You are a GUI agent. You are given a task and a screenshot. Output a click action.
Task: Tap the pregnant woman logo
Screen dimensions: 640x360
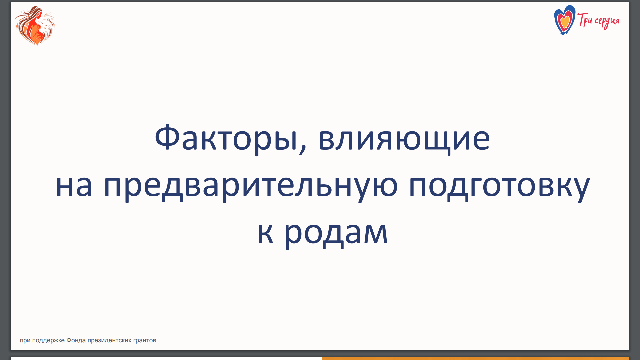coord(35,25)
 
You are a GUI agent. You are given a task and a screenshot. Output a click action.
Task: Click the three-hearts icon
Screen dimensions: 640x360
coord(565,20)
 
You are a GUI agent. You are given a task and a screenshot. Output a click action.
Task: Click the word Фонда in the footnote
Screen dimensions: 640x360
coord(76,340)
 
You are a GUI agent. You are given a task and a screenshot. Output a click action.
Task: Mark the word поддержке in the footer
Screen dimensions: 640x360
coord(48,341)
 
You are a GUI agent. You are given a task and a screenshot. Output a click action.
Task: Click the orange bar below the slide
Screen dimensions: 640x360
coord(475,358)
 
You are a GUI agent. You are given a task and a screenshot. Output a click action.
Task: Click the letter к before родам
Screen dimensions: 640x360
coord(266,233)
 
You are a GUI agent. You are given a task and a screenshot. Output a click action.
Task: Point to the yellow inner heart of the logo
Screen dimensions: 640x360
coord(565,22)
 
